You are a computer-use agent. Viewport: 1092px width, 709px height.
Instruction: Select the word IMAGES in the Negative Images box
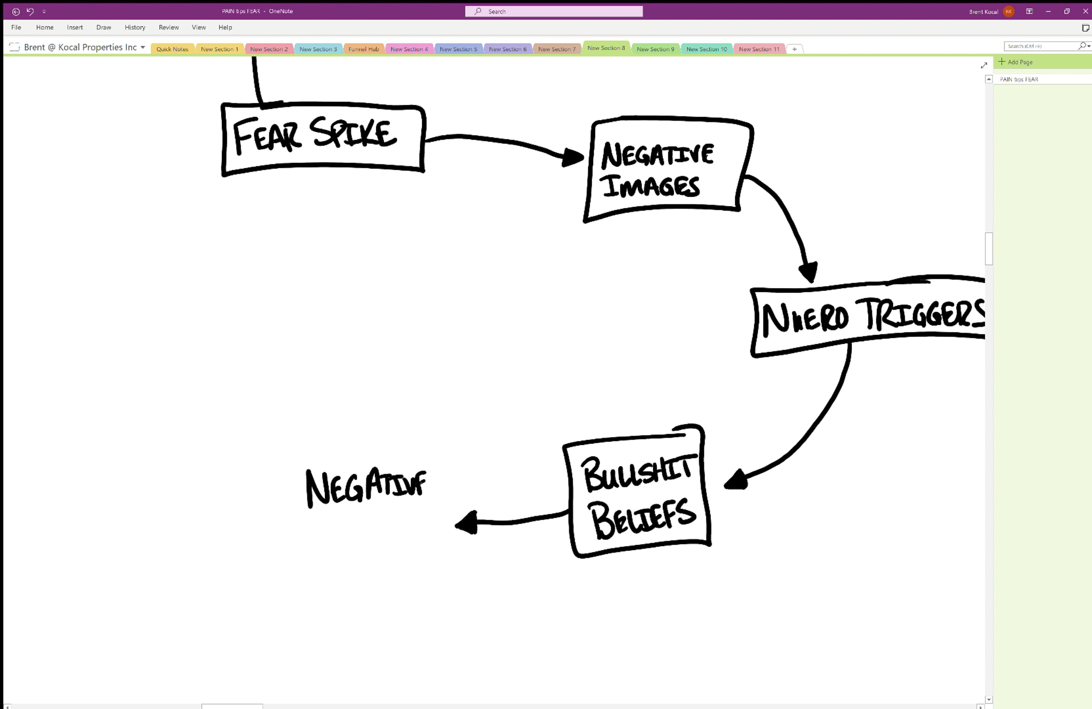click(651, 186)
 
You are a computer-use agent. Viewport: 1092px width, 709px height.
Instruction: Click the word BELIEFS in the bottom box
click(643, 519)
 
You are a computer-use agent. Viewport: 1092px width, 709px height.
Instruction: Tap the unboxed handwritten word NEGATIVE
click(366, 487)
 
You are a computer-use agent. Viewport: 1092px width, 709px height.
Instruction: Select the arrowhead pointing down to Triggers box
click(809, 271)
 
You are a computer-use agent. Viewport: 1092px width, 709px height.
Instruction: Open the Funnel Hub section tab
click(364, 49)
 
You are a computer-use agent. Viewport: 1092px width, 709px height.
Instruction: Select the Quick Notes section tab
click(172, 49)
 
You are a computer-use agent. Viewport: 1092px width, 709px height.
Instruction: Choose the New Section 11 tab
click(759, 49)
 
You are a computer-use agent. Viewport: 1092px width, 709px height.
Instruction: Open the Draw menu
click(104, 28)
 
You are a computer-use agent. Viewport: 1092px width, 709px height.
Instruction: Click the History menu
click(135, 28)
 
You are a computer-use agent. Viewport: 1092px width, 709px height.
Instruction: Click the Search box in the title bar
click(554, 11)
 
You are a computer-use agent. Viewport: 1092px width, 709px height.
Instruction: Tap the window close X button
click(1085, 11)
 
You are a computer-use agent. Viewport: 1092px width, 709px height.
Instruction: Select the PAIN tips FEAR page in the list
click(1019, 79)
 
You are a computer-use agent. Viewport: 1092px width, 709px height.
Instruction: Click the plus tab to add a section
click(794, 49)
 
